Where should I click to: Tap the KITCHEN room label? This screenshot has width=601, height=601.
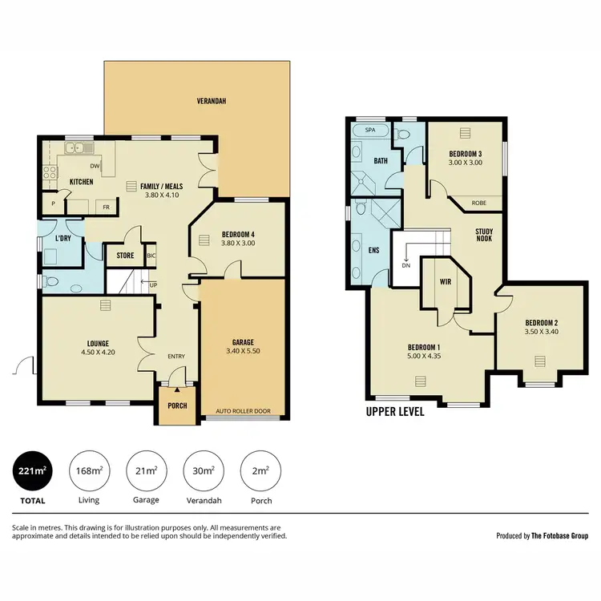[x=81, y=182]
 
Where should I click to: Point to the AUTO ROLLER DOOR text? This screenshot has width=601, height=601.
[x=243, y=412]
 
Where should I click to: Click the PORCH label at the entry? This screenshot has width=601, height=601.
[x=177, y=405]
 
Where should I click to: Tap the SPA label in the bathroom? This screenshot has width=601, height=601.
[x=369, y=130]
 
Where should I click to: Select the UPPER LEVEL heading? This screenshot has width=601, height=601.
[x=395, y=413]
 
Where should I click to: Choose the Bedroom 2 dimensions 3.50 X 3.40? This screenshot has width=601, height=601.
[x=541, y=331]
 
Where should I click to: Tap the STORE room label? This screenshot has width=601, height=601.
[x=125, y=256]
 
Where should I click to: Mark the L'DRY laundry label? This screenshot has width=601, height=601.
[x=65, y=240]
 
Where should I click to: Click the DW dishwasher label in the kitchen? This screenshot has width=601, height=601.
[x=95, y=167]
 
